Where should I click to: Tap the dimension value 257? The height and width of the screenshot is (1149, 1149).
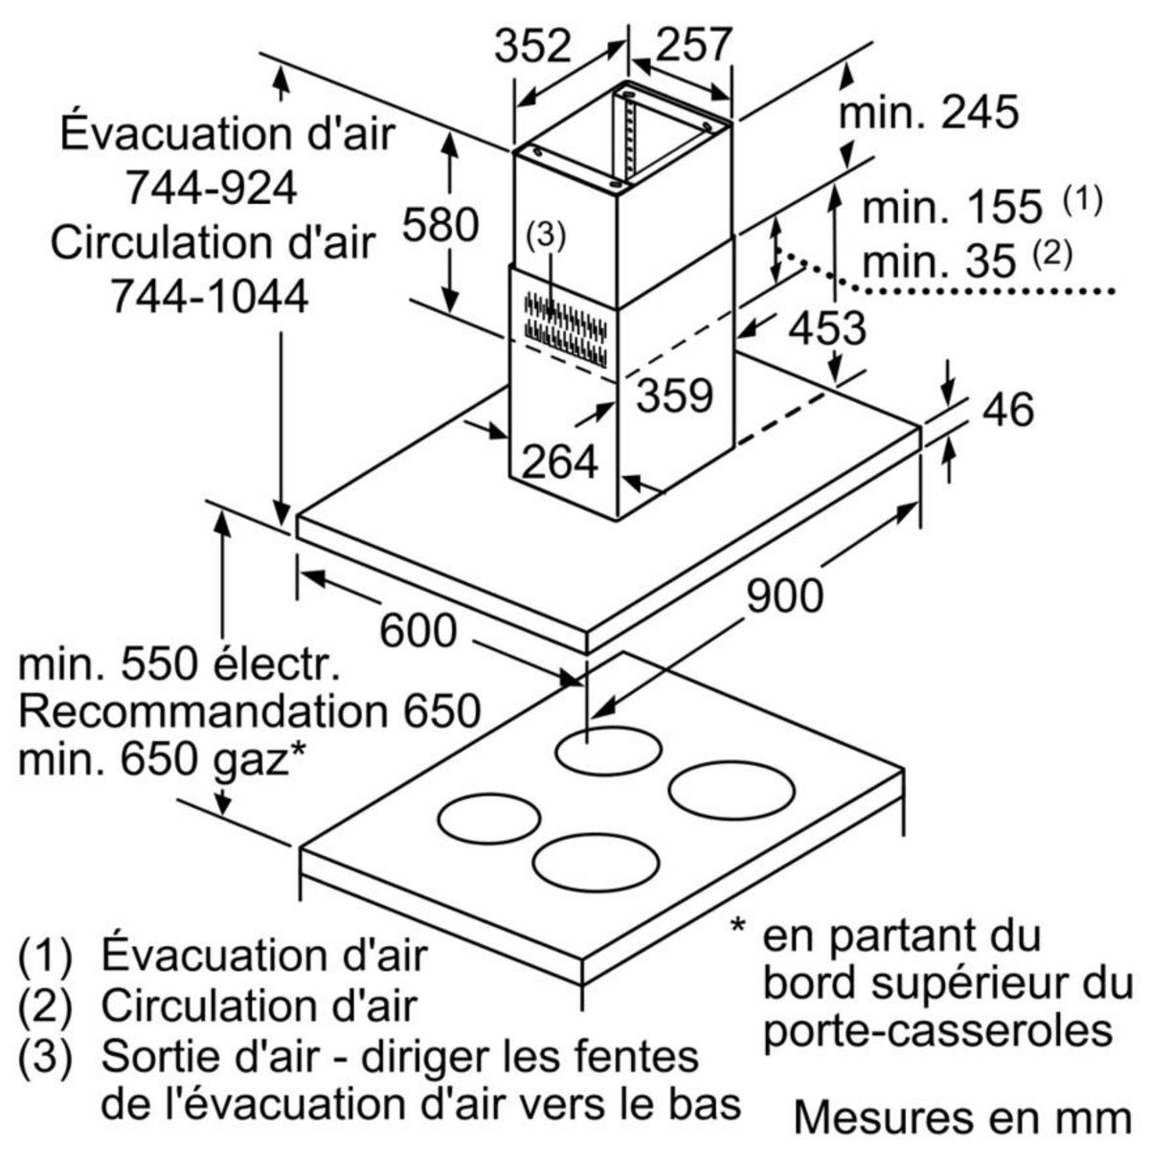tap(694, 44)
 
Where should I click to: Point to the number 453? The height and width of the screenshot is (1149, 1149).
tap(827, 328)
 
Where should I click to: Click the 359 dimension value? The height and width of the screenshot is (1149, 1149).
tap(676, 394)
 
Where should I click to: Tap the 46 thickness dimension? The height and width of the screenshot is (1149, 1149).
tap(1007, 410)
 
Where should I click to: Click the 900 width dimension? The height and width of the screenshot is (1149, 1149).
tap(784, 596)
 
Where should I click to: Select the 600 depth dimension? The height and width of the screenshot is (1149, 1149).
tap(418, 630)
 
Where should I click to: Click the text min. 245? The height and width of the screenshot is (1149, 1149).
tap(928, 113)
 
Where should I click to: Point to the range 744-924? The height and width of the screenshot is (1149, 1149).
tap(213, 189)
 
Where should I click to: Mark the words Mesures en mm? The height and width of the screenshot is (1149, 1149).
tap(962, 1116)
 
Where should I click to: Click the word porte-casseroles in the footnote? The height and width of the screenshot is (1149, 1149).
tap(939, 1030)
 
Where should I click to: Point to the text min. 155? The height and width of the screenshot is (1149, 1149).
tap(952, 206)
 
